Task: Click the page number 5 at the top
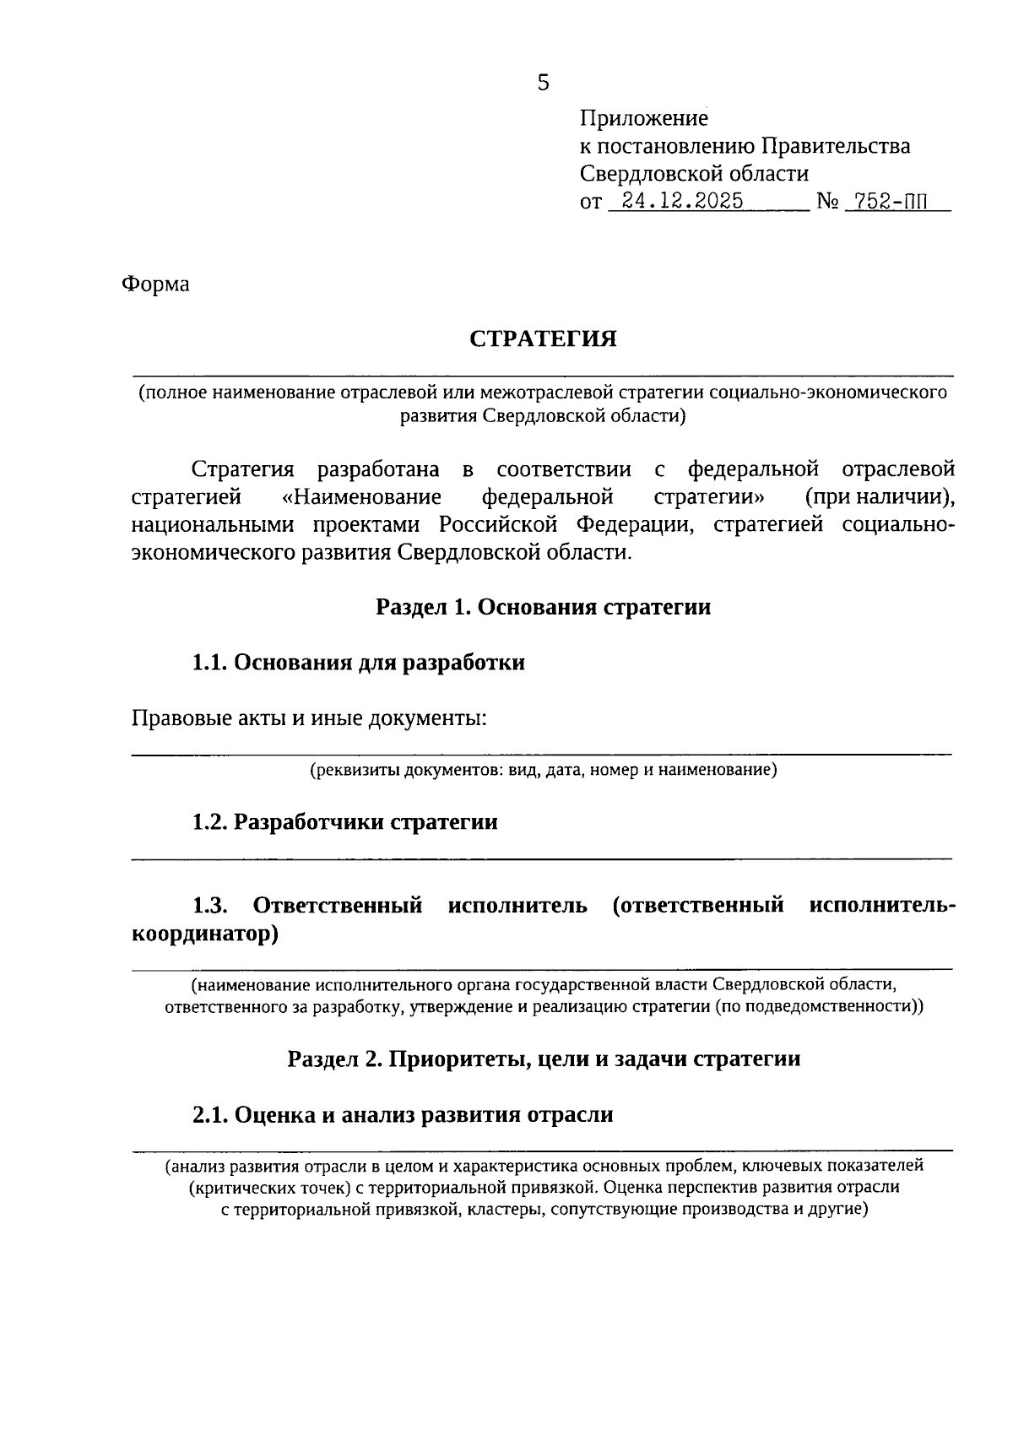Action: click(543, 82)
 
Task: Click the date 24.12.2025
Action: click(681, 202)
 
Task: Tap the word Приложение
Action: click(643, 118)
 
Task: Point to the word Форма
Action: click(156, 284)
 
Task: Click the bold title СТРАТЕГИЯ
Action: click(543, 339)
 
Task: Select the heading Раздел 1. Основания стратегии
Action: click(543, 607)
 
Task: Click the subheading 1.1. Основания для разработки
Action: click(358, 663)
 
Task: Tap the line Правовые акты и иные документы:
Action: click(310, 718)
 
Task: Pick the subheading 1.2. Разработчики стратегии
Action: click(344, 822)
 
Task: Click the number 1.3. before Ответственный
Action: click(210, 907)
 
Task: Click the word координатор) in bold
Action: click(205, 934)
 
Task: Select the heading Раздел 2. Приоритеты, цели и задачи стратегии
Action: click(543, 1059)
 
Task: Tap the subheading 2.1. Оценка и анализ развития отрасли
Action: click(402, 1115)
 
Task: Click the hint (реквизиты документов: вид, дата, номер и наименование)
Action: click(543, 770)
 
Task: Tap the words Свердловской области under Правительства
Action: click(694, 174)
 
